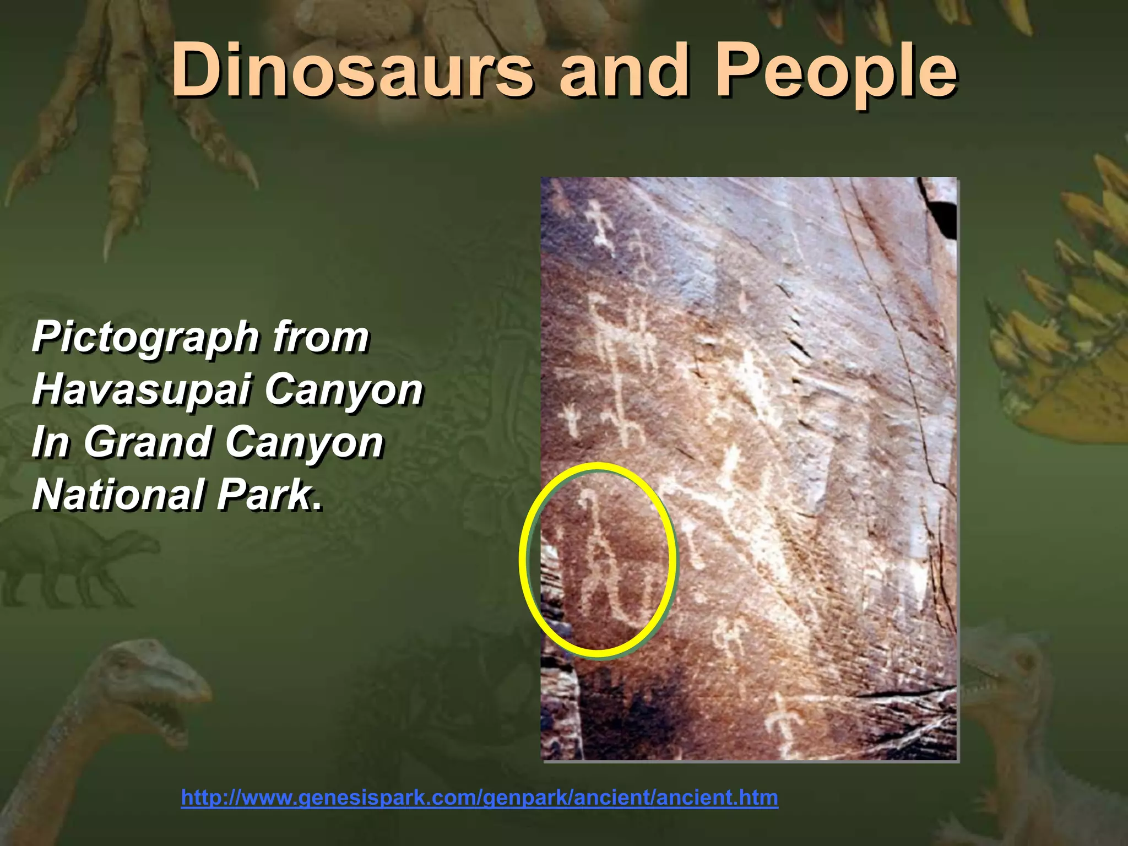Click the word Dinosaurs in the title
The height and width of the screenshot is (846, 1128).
(x=352, y=70)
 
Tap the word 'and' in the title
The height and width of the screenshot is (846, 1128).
(x=623, y=70)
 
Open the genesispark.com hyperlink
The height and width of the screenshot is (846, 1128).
(x=479, y=798)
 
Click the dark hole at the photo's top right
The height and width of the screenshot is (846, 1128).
(x=943, y=218)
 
